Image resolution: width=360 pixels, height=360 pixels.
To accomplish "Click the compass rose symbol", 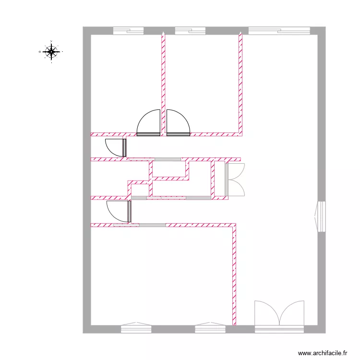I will [x=51, y=51].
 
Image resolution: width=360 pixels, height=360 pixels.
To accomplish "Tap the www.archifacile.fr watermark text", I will [x=323, y=352].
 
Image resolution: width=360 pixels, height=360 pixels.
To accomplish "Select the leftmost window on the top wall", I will [x=128, y=31].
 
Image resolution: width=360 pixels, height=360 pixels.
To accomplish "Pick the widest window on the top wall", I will [x=279, y=31].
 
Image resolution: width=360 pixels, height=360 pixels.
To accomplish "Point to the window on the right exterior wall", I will [x=321, y=216].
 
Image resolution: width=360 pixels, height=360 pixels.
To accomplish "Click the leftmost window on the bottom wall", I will [x=136, y=329].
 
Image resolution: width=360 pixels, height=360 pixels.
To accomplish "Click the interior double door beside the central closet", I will [x=236, y=180].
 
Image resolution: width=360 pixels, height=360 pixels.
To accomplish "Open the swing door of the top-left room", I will [x=149, y=123].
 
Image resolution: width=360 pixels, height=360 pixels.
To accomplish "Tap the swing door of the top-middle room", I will [x=178, y=123].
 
